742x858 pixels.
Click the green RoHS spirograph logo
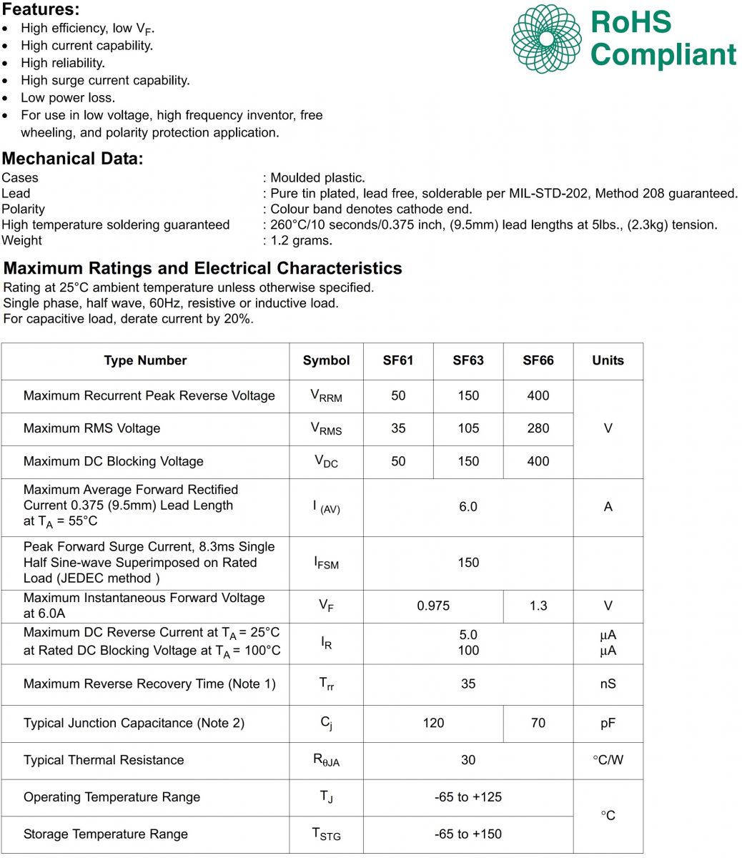coord(546,39)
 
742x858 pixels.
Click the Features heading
coord(41,10)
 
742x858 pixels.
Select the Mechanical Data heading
coord(72,159)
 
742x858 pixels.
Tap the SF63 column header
coord(468,360)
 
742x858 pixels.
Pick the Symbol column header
coord(326,360)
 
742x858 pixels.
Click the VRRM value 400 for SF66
coord(538,395)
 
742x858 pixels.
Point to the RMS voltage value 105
coord(468,428)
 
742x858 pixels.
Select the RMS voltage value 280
coord(538,428)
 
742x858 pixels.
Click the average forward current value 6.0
coord(468,506)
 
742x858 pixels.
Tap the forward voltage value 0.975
coord(433,606)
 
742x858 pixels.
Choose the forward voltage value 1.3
coord(538,606)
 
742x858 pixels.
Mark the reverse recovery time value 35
coord(468,684)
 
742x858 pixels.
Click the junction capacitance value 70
coord(538,723)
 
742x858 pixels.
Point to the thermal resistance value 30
coord(468,760)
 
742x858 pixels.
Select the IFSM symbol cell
coord(326,563)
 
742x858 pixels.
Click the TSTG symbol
coord(326,834)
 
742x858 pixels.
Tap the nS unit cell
coord(608,684)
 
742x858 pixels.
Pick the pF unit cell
coord(608,723)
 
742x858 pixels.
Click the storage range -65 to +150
coord(468,834)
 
